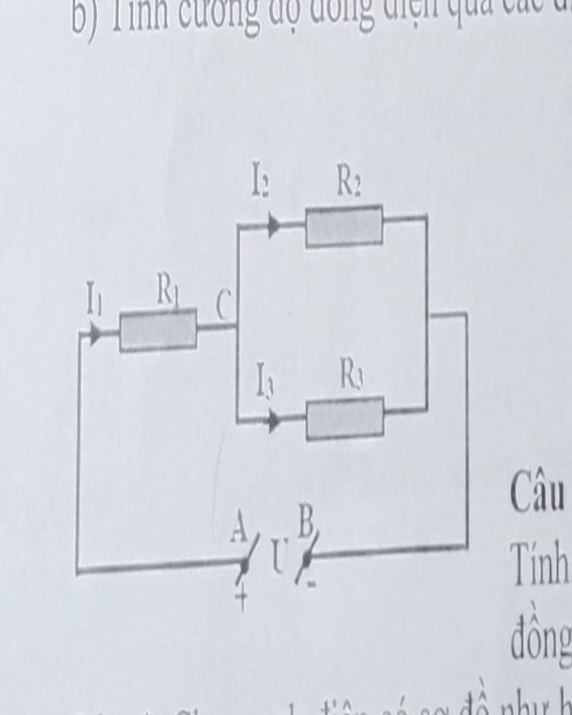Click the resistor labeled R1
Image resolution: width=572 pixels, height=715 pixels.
click(158, 331)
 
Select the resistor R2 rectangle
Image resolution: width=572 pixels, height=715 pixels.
click(344, 226)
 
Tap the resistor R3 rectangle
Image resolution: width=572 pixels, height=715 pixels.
click(345, 418)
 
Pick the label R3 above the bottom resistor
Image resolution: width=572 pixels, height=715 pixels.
click(352, 376)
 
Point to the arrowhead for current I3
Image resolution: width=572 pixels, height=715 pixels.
click(274, 421)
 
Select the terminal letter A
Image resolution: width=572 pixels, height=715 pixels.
click(239, 528)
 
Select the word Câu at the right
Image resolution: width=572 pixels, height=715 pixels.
click(537, 495)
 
